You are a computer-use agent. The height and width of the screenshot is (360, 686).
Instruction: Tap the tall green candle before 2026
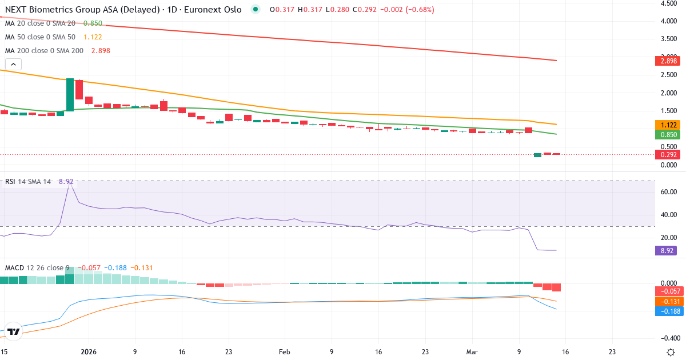click(x=70, y=95)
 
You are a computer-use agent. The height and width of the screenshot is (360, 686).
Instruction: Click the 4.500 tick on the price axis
click(x=669, y=3)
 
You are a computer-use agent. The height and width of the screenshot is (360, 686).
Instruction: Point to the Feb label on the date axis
click(x=285, y=351)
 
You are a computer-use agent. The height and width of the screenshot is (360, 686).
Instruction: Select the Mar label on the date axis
click(x=472, y=351)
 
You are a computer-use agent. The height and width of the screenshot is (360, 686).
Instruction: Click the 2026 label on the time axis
click(x=88, y=351)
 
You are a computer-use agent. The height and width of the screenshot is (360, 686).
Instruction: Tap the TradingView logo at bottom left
click(x=14, y=331)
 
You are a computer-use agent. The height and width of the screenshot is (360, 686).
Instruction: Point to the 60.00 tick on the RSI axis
click(x=668, y=192)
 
